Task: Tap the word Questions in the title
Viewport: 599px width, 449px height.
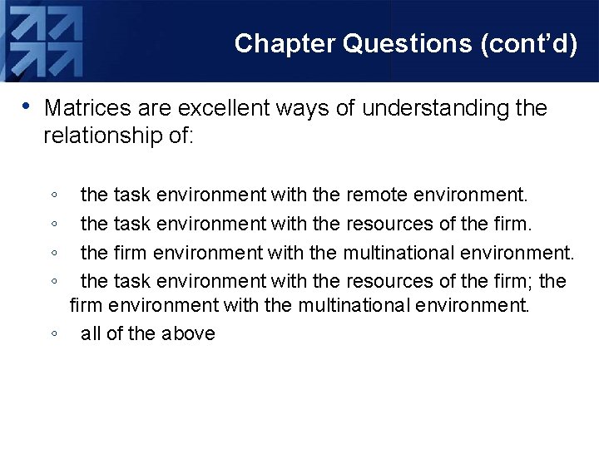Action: point(407,43)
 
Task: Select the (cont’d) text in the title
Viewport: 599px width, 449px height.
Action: point(529,43)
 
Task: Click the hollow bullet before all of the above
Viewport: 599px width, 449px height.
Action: point(53,334)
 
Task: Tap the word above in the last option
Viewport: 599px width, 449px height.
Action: point(188,333)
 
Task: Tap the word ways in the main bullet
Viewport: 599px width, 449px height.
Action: point(294,108)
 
